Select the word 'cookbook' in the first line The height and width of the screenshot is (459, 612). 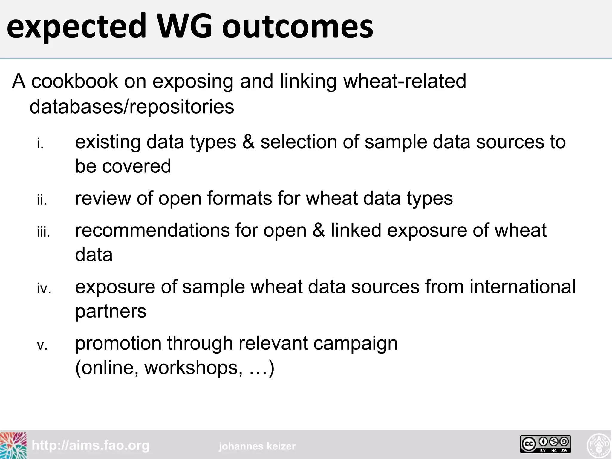point(75,81)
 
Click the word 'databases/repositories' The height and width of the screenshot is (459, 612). point(132,107)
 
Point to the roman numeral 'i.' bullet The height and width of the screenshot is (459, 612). point(40,144)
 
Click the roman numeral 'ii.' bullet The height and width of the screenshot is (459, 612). point(42,200)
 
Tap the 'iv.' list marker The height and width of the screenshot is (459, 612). point(44,289)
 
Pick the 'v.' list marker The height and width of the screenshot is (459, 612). point(42,345)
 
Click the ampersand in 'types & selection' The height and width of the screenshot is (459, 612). point(248,142)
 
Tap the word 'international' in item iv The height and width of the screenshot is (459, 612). point(522,287)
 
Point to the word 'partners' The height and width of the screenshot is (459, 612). point(111,312)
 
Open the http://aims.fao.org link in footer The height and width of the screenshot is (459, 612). point(91,446)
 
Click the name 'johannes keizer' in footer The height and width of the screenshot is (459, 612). point(257,446)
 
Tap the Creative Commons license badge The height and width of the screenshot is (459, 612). point(546,444)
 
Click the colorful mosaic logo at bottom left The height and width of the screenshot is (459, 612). point(13,445)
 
